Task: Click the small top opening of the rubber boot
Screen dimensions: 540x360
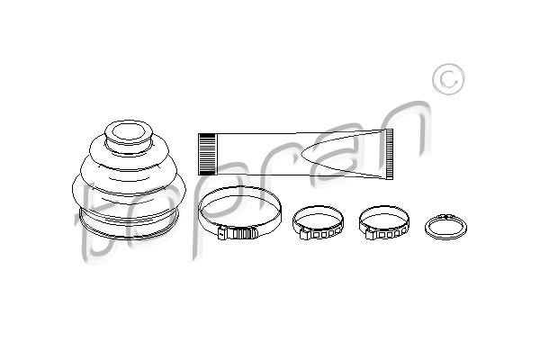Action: coord(129,132)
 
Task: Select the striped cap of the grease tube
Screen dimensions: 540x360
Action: coord(207,154)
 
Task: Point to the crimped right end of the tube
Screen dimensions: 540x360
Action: coord(389,154)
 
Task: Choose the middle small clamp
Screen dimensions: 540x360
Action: coord(318,209)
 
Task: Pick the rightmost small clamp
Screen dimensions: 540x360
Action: coord(384,209)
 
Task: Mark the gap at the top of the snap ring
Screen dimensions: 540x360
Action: coord(445,215)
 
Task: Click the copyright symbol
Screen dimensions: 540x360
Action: coord(448,79)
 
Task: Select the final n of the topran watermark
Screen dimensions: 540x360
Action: coord(403,130)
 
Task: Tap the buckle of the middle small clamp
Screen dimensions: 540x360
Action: coord(321,234)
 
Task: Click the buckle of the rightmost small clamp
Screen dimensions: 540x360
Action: coord(387,234)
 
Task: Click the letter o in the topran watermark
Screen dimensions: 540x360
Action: coord(155,220)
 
